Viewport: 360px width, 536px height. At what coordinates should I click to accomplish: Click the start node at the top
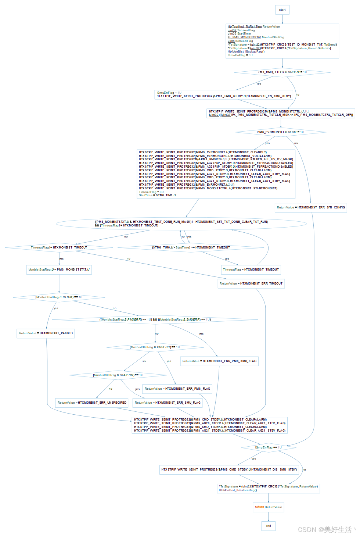click(x=282, y=10)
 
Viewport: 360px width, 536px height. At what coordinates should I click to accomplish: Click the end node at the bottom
click(x=268, y=526)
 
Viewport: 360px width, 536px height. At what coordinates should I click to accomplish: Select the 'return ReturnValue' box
click(x=269, y=507)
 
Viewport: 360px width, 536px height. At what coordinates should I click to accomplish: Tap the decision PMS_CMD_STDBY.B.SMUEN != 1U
click(x=282, y=72)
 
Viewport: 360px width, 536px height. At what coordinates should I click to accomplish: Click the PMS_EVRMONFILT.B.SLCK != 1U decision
click(x=281, y=132)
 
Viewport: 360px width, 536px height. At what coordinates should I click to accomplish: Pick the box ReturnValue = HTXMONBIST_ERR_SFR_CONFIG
click(x=311, y=207)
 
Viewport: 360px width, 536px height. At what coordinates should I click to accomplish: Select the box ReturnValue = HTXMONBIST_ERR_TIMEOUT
click(x=251, y=283)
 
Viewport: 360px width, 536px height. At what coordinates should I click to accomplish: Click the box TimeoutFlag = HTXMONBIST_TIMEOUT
click(x=251, y=269)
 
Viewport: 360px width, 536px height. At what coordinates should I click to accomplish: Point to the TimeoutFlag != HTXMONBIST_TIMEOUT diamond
click(x=59, y=247)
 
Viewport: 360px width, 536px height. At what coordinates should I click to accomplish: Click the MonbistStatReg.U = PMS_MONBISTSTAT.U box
click(x=59, y=269)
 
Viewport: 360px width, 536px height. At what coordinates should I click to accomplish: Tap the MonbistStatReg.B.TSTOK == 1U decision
click(x=59, y=297)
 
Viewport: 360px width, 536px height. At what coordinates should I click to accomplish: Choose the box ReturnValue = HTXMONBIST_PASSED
click(x=46, y=333)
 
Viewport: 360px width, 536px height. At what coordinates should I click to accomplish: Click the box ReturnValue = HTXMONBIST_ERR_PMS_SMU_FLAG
click(x=219, y=361)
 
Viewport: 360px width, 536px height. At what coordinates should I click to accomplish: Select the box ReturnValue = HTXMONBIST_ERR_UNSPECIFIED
click(x=92, y=403)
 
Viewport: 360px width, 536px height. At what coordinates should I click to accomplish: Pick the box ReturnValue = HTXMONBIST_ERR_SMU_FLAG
click(x=168, y=403)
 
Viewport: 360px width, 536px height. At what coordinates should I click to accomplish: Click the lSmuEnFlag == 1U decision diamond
click(x=269, y=447)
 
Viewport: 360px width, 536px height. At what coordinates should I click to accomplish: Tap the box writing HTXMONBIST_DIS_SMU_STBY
click(x=229, y=469)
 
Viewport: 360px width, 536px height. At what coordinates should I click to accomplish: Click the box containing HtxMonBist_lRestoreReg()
click(x=269, y=488)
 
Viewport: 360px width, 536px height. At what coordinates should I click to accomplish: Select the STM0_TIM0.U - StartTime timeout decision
click(x=191, y=247)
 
